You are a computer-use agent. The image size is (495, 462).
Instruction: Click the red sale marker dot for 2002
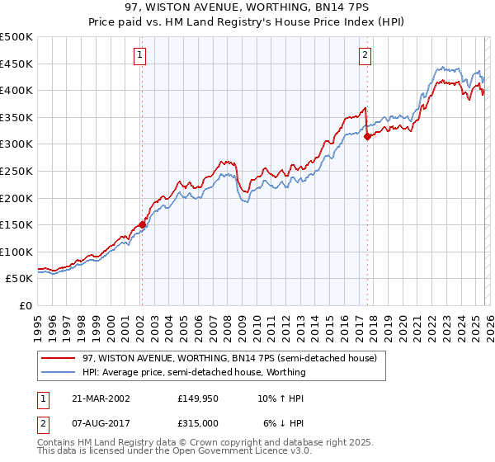click(x=142, y=224)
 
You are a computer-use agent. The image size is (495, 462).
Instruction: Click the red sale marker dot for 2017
click(x=368, y=136)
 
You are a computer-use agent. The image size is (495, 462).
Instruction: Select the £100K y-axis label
click(x=16, y=252)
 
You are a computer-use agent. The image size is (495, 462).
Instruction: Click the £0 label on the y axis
click(x=26, y=305)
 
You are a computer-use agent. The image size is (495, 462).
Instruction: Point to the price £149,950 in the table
click(x=197, y=398)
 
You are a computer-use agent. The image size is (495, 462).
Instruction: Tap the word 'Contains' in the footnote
click(x=58, y=443)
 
